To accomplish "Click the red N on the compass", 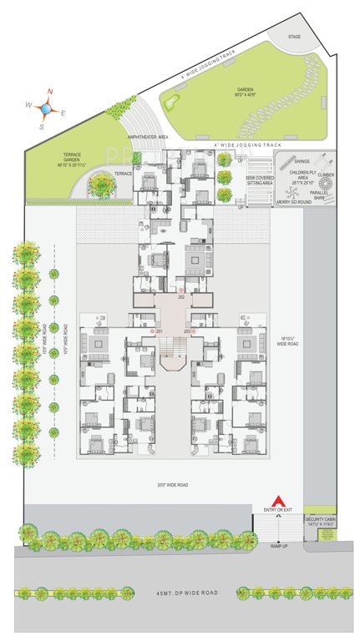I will tap(50, 92).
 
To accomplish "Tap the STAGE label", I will tap(294, 37).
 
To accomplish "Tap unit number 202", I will tap(180, 297).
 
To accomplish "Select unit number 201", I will tap(159, 331).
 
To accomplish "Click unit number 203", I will tap(187, 331).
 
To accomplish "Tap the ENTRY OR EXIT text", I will tap(277, 510).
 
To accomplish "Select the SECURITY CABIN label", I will tap(320, 520).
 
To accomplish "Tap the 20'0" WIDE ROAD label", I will tap(172, 484).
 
